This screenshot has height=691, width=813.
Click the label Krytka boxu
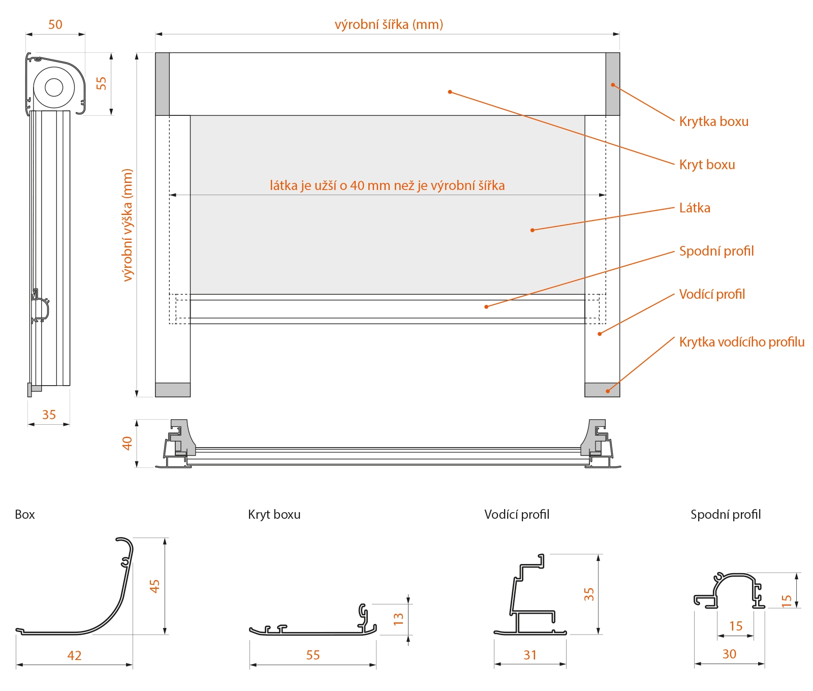click(713, 121)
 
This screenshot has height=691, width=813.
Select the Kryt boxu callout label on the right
click(707, 165)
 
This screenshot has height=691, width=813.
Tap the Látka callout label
click(695, 208)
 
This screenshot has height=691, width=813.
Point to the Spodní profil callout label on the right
click(716, 251)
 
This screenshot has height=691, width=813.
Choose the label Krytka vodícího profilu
click(741, 342)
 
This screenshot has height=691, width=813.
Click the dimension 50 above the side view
click(55, 24)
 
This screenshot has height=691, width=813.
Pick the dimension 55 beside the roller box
click(101, 83)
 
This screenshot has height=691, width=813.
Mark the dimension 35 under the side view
click(49, 415)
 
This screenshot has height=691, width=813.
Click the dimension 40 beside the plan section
click(127, 443)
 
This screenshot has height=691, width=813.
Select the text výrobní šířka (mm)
click(389, 24)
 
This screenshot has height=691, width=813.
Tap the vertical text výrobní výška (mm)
click(127, 225)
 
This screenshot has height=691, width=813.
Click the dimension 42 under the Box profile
click(74, 655)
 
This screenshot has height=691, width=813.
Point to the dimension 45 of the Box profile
click(154, 586)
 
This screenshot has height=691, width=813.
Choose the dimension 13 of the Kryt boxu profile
click(398, 618)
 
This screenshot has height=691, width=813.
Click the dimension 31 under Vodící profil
click(530, 655)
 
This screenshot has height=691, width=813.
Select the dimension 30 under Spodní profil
click(729, 654)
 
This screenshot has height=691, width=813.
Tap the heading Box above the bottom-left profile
click(25, 515)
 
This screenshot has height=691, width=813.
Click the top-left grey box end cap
click(162, 84)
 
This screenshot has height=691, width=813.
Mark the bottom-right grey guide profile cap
click(602, 390)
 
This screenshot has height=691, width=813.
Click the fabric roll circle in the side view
click(54, 87)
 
